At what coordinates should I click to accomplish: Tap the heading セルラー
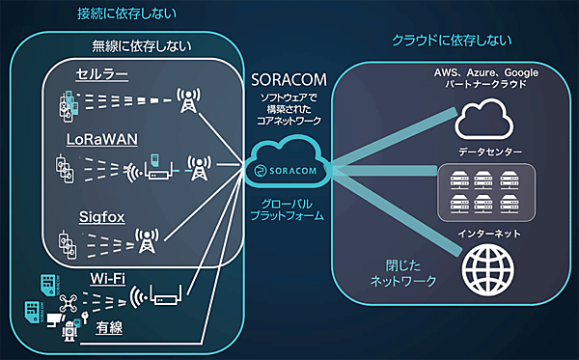(x=103, y=75)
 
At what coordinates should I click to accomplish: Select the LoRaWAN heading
(x=101, y=140)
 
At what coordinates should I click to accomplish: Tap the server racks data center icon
(x=485, y=190)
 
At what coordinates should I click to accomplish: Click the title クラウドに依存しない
(x=451, y=40)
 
